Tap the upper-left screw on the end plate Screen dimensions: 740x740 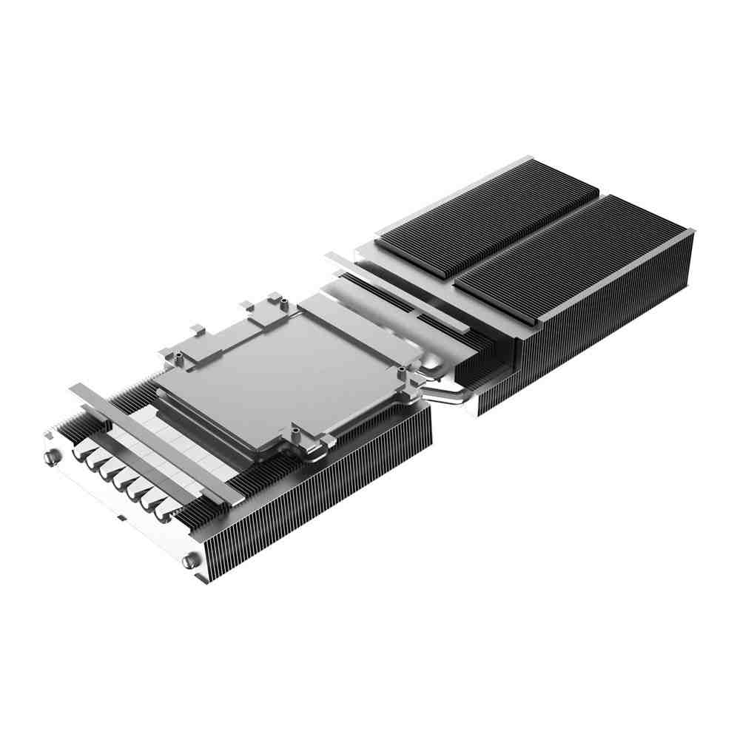[50, 457]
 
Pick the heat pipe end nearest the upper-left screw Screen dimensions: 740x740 [80, 456]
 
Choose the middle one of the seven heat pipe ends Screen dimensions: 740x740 [118, 481]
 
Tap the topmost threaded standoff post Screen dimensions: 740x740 [273, 297]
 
